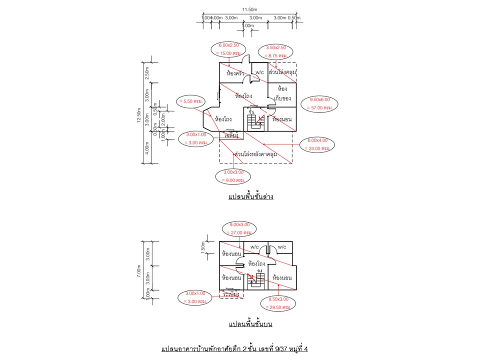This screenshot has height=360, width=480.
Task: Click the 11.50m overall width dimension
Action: (249, 9)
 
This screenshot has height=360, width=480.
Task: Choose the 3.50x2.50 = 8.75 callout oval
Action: (275, 51)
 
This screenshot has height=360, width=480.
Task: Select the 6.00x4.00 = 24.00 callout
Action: (317, 145)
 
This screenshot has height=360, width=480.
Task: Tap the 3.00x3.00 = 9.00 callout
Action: (232, 176)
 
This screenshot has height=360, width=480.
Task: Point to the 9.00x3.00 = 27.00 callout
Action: (238, 228)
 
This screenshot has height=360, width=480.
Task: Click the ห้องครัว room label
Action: (234, 73)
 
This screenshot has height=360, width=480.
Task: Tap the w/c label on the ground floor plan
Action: (259, 72)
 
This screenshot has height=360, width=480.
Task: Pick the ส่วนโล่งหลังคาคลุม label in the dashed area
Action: (255, 154)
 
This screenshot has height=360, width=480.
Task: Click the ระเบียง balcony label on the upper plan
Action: (231, 294)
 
